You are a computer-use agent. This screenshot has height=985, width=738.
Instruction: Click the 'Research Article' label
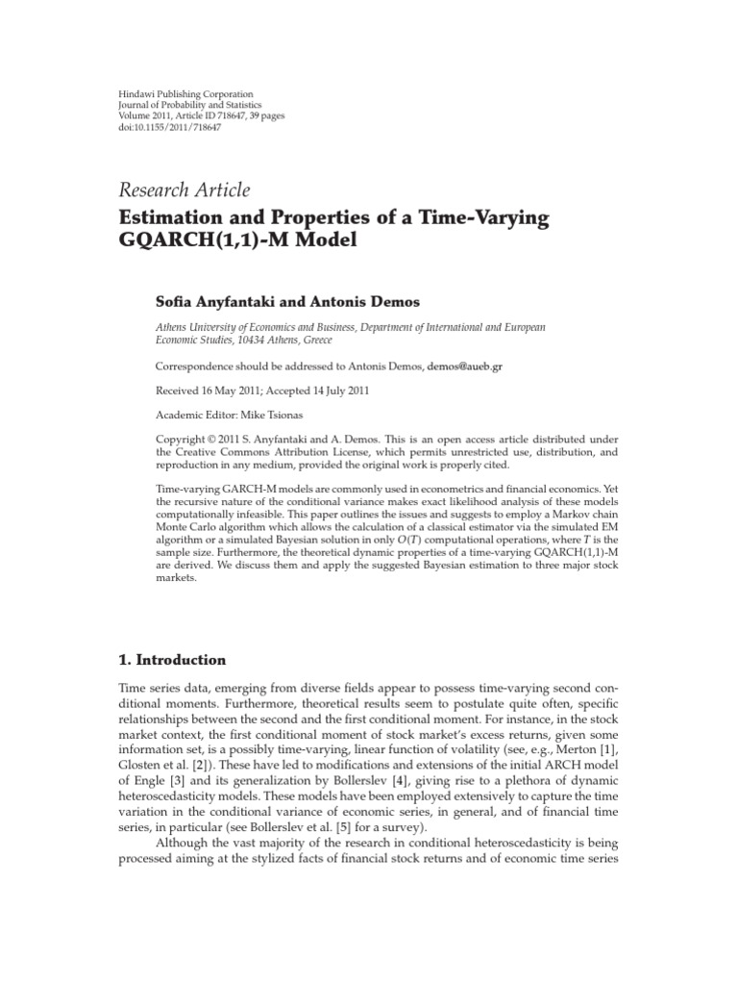click(184, 189)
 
